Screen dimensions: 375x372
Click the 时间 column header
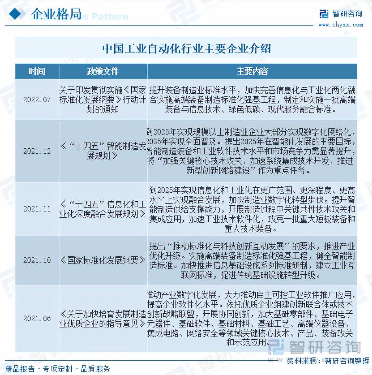pos(37,71)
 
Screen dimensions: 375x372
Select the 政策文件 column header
pos(103,71)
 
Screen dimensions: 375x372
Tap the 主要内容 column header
pos(252,71)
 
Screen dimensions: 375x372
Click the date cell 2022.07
pos(37,100)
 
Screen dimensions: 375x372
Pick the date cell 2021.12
pos(37,151)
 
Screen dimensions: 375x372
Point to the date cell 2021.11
pos(37,209)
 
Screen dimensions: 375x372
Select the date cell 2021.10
pos(37,260)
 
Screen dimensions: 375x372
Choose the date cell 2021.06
pos(37,318)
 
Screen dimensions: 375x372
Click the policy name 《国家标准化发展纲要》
pos(103,260)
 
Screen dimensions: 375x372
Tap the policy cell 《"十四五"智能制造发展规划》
pos(103,151)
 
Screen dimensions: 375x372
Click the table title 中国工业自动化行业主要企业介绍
pos(186,48)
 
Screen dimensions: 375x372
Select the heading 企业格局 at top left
pos(56,14)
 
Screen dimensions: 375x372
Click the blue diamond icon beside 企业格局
pos(16,14)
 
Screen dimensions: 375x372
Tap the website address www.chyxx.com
pos(341,25)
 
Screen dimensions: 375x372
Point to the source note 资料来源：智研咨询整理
pos(328,361)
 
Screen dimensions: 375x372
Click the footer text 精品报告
pos(20,369)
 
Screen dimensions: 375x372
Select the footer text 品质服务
pos(95,369)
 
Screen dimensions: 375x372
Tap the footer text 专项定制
pos(58,369)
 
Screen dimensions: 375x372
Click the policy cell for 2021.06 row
pos(103,318)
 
